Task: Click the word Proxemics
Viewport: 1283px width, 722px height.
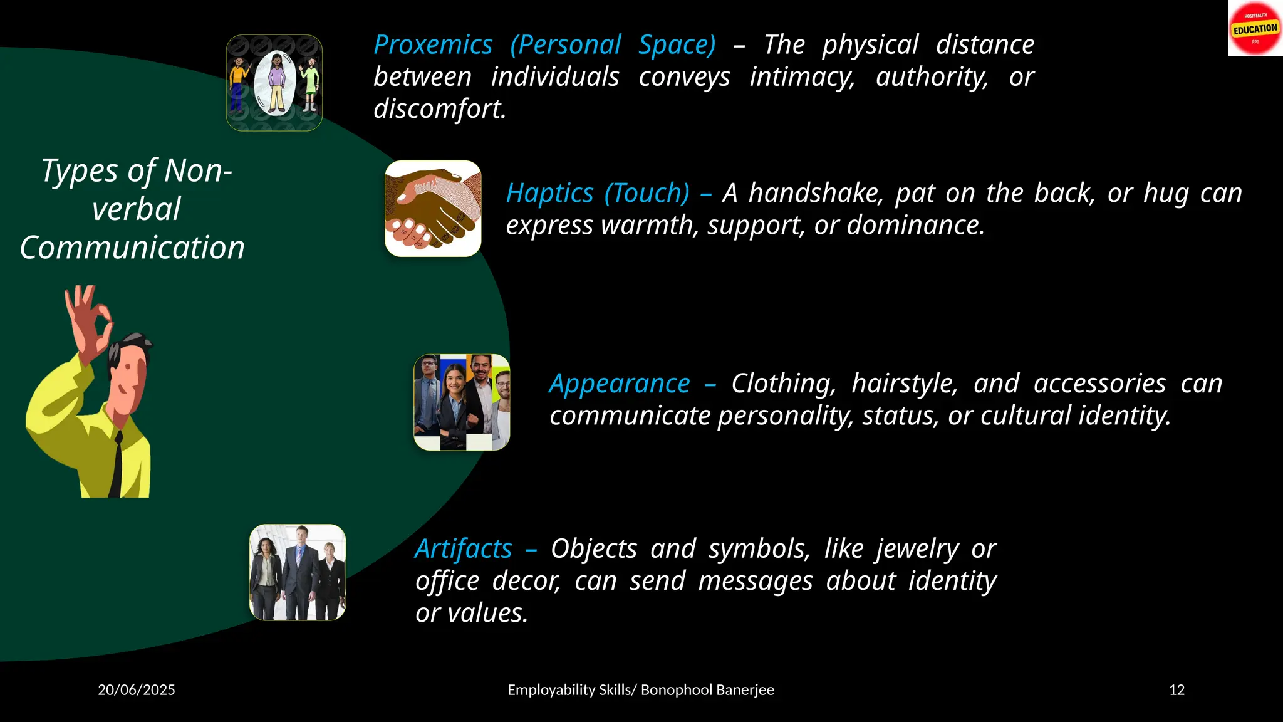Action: pos(433,45)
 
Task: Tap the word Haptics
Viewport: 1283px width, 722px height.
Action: pos(549,193)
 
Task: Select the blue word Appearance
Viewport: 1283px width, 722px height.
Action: pos(619,384)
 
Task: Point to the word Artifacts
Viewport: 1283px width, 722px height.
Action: pos(464,549)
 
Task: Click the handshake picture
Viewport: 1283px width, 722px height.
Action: pos(433,209)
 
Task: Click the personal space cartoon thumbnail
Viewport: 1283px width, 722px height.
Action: pos(274,83)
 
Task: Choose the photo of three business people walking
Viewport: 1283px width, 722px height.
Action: pos(298,572)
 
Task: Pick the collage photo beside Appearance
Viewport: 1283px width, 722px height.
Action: pos(462,402)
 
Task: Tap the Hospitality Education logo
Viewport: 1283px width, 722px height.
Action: pos(1255,29)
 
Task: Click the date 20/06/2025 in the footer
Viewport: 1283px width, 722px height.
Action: pos(137,690)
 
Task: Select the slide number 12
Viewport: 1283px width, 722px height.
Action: pos(1177,690)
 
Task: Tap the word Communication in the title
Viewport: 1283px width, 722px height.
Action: pos(132,248)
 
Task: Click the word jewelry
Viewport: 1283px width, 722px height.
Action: pos(917,550)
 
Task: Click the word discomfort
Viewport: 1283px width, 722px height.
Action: pos(439,109)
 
